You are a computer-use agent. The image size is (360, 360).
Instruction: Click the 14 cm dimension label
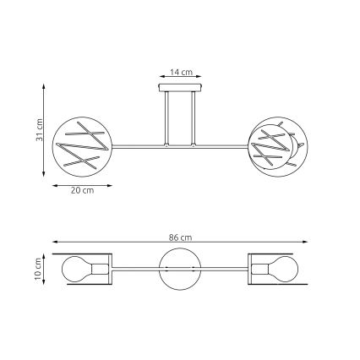[180, 73]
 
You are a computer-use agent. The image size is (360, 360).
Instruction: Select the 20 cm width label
[82, 192]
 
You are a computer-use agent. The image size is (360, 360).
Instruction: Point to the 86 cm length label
[180, 237]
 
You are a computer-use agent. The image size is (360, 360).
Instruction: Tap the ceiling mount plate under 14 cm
[180, 87]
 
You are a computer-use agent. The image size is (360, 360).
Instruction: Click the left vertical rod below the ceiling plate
[167, 117]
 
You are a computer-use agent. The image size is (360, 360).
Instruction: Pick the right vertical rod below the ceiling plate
[194, 117]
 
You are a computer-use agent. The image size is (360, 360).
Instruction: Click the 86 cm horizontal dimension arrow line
[180, 243]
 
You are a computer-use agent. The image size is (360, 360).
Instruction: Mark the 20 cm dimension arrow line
[82, 185]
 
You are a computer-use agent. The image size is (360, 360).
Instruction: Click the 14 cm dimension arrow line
[180, 79]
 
